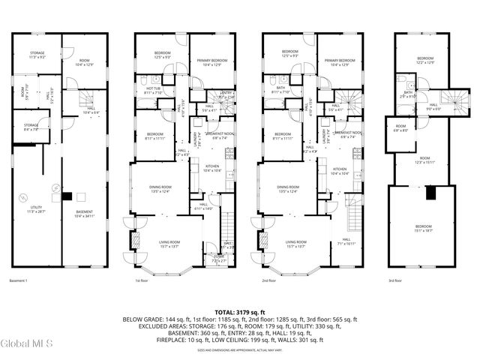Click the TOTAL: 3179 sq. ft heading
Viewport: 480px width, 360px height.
tap(240, 311)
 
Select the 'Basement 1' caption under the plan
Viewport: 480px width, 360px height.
tap(18, 280)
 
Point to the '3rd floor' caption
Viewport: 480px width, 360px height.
tap(394, 280)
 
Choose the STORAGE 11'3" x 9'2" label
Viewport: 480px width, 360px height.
tap(37, 55)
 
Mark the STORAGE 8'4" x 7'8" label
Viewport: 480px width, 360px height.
tap(31, 127)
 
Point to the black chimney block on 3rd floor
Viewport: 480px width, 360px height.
tap(430, 193)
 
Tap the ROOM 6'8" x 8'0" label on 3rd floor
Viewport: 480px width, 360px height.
tap(400, 128)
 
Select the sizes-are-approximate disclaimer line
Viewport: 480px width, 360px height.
tap(240, 350)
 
